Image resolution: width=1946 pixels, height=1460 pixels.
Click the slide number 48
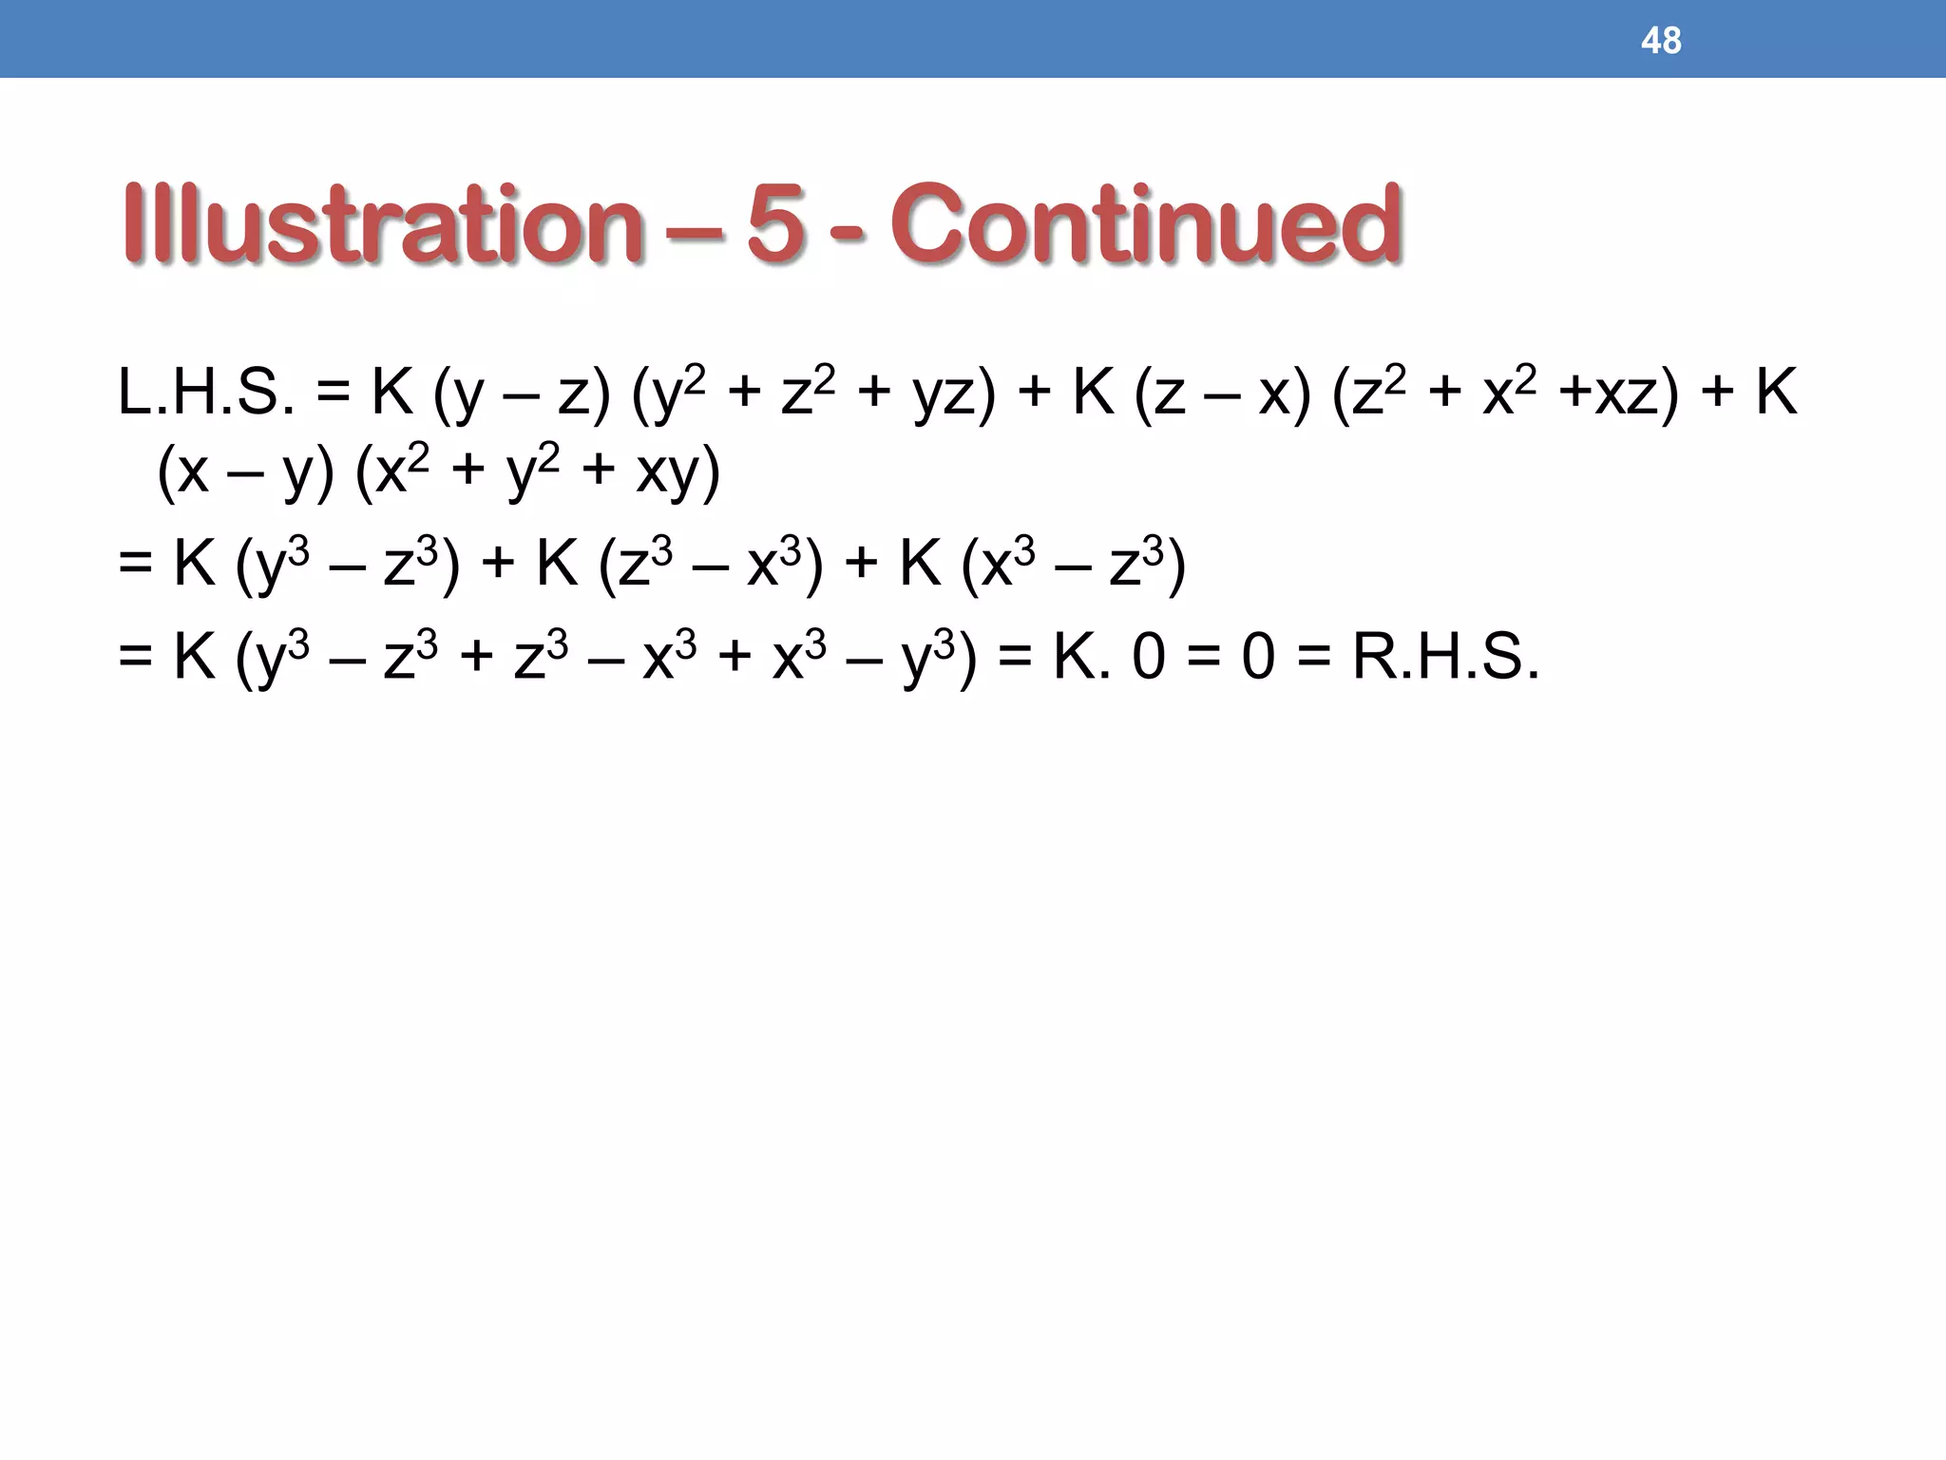1660,41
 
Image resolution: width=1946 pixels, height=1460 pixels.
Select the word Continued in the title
1145,224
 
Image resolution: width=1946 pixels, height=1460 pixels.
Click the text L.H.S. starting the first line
205,393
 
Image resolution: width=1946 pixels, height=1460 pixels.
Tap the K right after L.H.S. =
391,392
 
